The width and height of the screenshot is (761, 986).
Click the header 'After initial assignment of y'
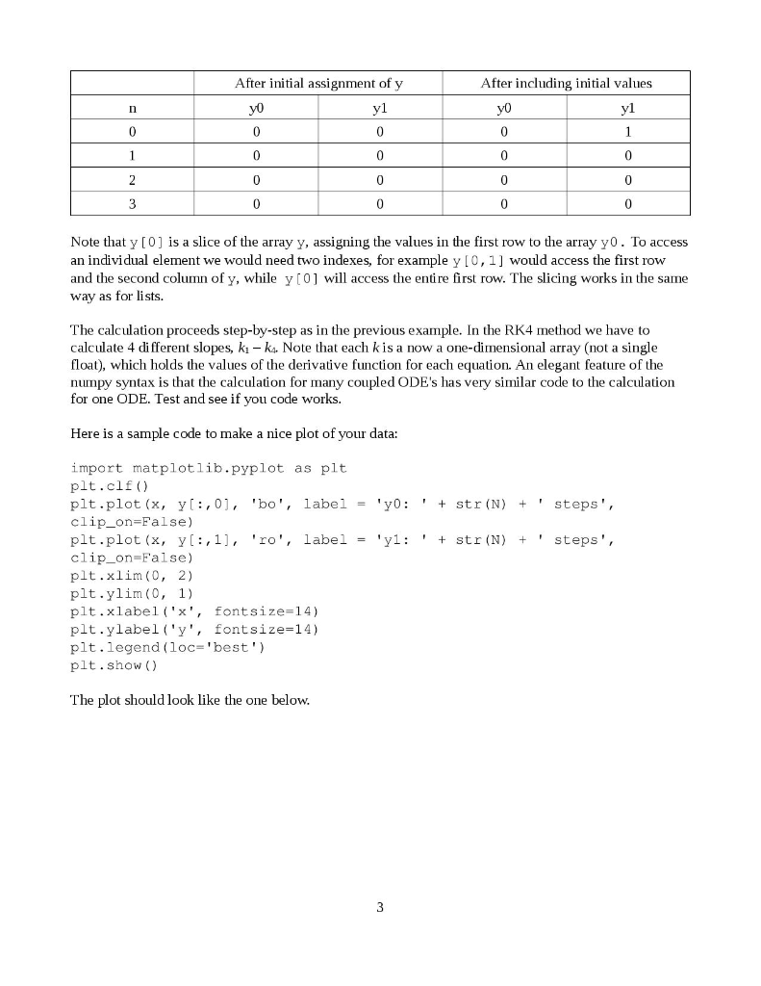tap(318, 84)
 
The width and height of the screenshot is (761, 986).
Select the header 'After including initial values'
tap(566, 84)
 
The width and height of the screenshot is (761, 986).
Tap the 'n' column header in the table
tap(133, 108)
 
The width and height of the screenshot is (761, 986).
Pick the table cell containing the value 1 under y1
tap(627, 132)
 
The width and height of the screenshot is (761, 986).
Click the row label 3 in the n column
tap(133, 204)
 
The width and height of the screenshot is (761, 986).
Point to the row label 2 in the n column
tap(133, 180)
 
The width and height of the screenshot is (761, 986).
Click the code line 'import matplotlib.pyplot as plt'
tap(209, 468)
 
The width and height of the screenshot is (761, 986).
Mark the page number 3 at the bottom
tap(380, 906)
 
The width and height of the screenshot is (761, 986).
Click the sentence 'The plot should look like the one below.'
tap(190, 700)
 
